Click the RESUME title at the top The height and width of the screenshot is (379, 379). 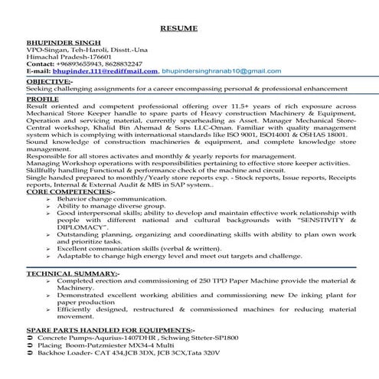click(x=180, y=28)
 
